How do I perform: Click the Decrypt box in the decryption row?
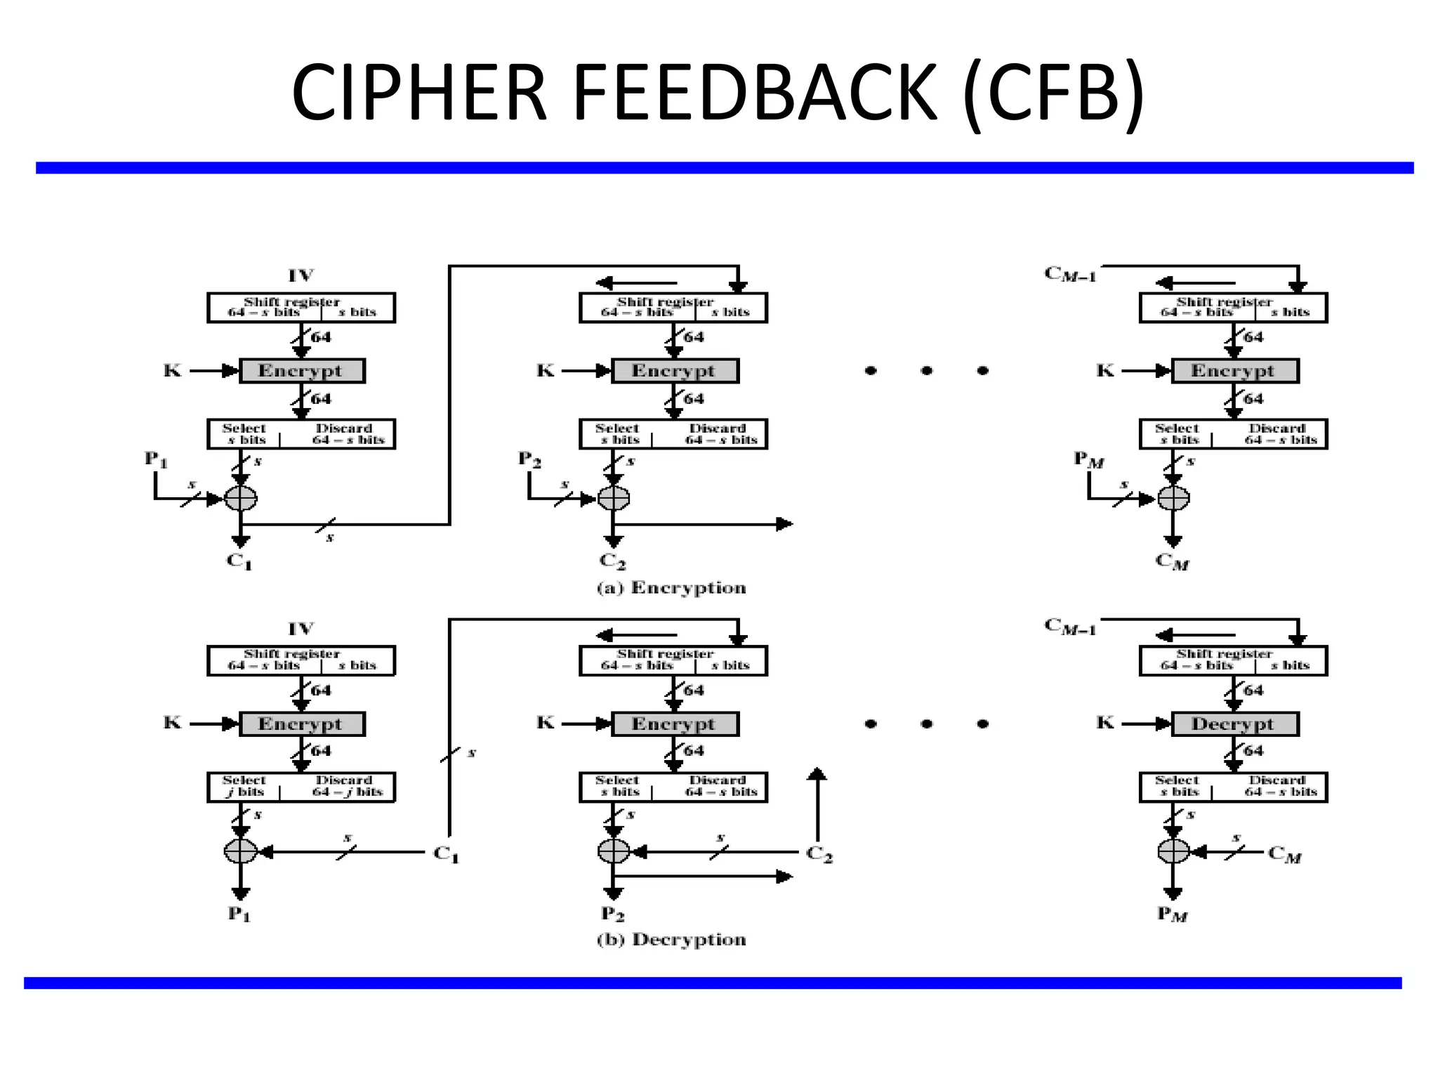(x=1234, y=724)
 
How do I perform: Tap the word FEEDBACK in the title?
(x=754, y=93)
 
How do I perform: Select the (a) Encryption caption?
(x=671, y=588)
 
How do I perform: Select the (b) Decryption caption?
(x=671, y=940)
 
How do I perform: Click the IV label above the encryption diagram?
(x=301, y=275)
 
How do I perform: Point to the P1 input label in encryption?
(x=156, y=460)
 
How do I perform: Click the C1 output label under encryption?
(x=239, y=562)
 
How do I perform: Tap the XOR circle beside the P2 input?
(x=614, y=499)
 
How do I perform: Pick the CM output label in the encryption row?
(x=1172, y=562)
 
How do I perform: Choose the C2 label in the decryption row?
(x=819, y=854)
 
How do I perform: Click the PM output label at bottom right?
(x=1172, y=915)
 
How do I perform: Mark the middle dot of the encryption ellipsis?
(x=927, y=371)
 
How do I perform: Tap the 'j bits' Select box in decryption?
(x=244, y=787)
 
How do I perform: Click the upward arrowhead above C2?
(x=817, y=774)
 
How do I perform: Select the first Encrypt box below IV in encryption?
(x=302, y=371)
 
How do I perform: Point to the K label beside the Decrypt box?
(x=1105, y=723)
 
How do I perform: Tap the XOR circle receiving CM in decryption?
(x=1173, y=852)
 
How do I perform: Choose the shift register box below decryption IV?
(x=301, y=660)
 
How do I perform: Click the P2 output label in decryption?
(x=612, y=915)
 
